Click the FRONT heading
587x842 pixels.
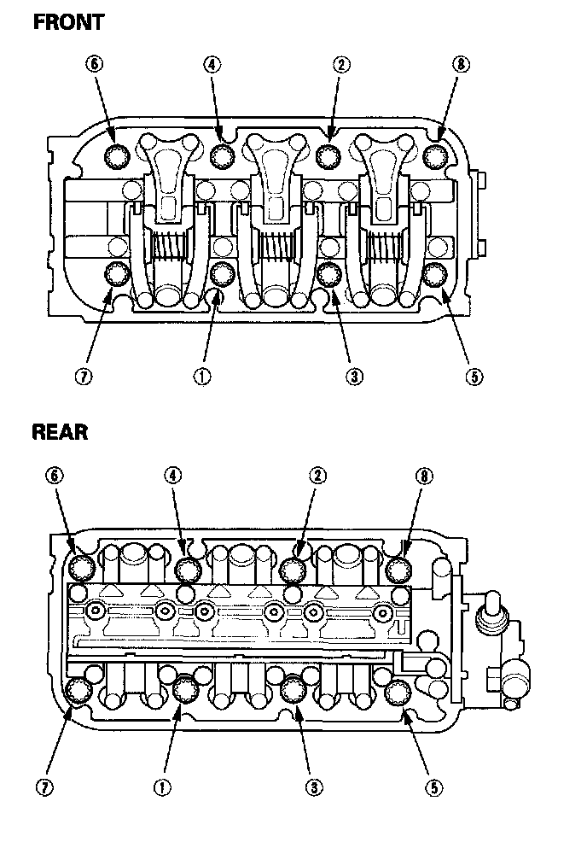pos(68,21)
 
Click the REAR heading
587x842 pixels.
pos(60,431)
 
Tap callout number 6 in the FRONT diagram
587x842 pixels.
pos(94,64)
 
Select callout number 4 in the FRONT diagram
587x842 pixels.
pos(212,64)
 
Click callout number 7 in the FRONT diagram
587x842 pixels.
pos(83,377)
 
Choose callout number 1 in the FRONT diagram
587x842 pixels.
pos(202,377)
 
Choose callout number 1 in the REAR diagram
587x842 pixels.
pos(160,787)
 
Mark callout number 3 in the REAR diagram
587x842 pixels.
pos(315,787)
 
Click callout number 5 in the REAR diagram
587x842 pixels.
pos(435,787)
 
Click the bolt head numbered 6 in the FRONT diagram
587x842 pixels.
pos(116,155)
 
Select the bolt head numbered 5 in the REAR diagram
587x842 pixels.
pos(397,693)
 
